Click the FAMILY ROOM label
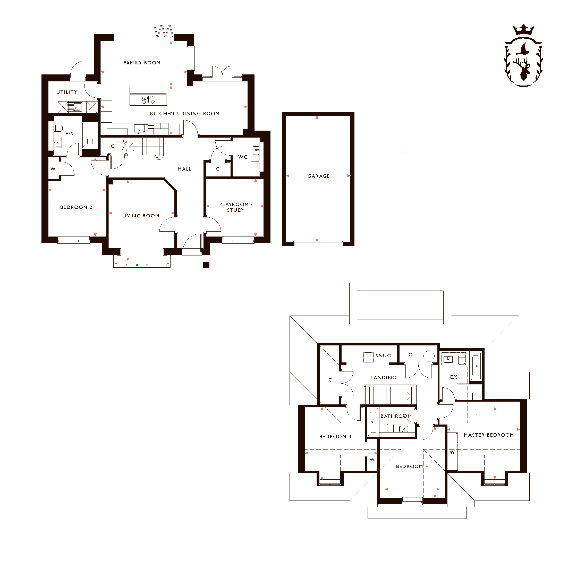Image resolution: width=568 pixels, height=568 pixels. click(142, 63)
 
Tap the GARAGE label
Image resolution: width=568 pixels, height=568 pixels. click(318, 176)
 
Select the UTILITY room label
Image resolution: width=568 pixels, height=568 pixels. click(67, 92)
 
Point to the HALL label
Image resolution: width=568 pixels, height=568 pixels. click(184, 169)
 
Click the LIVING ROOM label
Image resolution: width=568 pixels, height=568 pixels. click(141, 216)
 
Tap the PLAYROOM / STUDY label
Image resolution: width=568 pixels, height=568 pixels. click(236, 207)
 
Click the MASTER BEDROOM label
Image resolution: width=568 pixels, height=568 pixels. click(489, 435)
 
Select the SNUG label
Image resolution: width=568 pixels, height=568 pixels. click(383, 355)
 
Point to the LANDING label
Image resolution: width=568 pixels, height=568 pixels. click(383, 377)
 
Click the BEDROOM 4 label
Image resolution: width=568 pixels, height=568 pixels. click(412, 466)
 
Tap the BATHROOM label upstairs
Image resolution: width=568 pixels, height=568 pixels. click(396, 416)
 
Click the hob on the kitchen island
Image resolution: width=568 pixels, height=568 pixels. click(148, 100)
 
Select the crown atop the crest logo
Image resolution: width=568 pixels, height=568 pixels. click(524, 30)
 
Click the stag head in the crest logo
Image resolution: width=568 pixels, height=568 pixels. click(523, 69)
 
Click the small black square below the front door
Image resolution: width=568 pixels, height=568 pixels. click(206, 265)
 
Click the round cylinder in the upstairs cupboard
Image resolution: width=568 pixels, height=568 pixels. click(429, 356)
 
